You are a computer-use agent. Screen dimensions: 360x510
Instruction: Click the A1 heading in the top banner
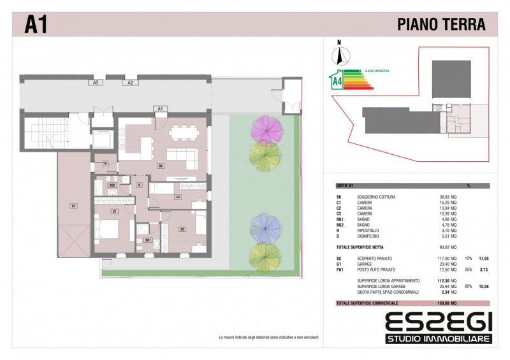pos(35,25)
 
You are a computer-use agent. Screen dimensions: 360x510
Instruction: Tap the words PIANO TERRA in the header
pos(441,25)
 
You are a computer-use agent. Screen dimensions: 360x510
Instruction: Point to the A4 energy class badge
pos(336,81)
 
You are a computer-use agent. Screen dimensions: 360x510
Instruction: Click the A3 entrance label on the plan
pos(96,82)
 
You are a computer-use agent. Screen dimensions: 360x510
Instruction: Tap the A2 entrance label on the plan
pos(129,82)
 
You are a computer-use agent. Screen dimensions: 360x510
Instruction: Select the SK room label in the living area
pos(161,166)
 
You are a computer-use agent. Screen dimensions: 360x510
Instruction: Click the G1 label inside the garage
pos(74,206)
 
